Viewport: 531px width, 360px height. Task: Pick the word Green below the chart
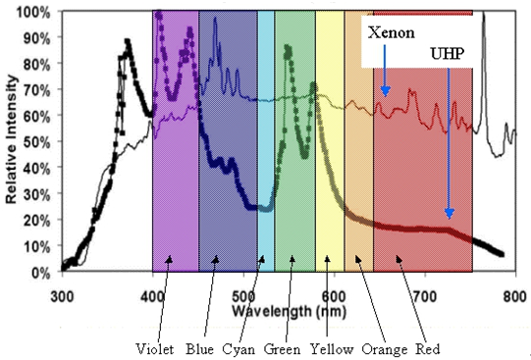[x=283, y=347]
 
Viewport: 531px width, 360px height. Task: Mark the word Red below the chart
[x=424, y=347]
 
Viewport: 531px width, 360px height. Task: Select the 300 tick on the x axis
[x=62, y=293]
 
